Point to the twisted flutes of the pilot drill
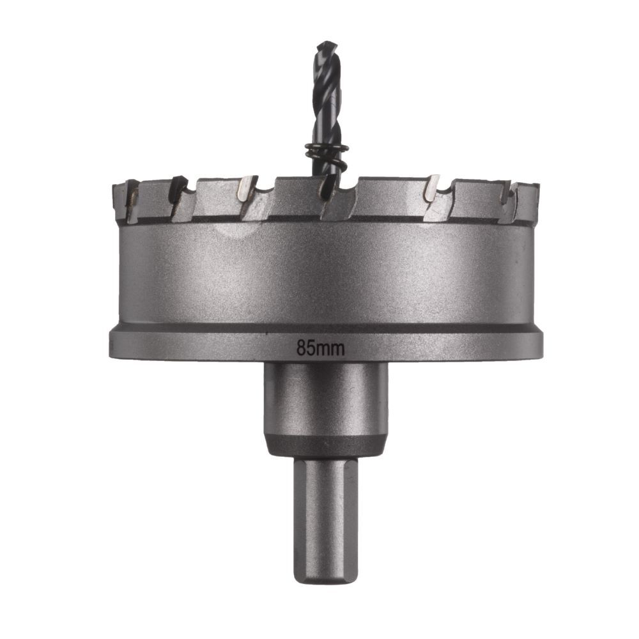tap(327, 96)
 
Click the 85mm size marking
tap(321, 348)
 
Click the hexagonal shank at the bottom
tap(326, 511)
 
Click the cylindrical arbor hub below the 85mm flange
tap(326, 399)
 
